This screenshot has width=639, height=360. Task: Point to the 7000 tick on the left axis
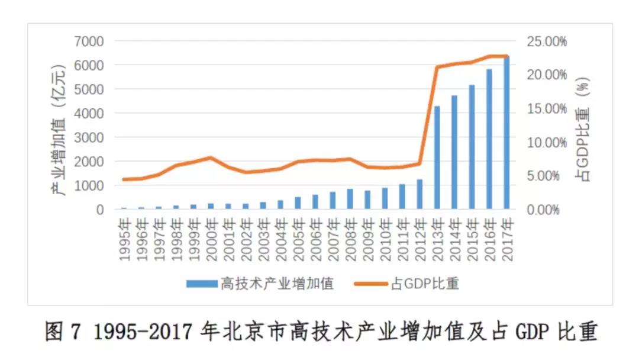[88, 41]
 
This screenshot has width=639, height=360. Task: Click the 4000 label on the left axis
[88, 113]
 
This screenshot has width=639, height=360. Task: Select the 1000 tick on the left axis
[88, 185]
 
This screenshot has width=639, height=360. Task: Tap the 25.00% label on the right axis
[547, 41]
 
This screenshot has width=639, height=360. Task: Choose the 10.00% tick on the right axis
[547, 143]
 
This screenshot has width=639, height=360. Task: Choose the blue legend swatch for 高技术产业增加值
[201, 284]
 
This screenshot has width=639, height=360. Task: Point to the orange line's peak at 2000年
[211, 157]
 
